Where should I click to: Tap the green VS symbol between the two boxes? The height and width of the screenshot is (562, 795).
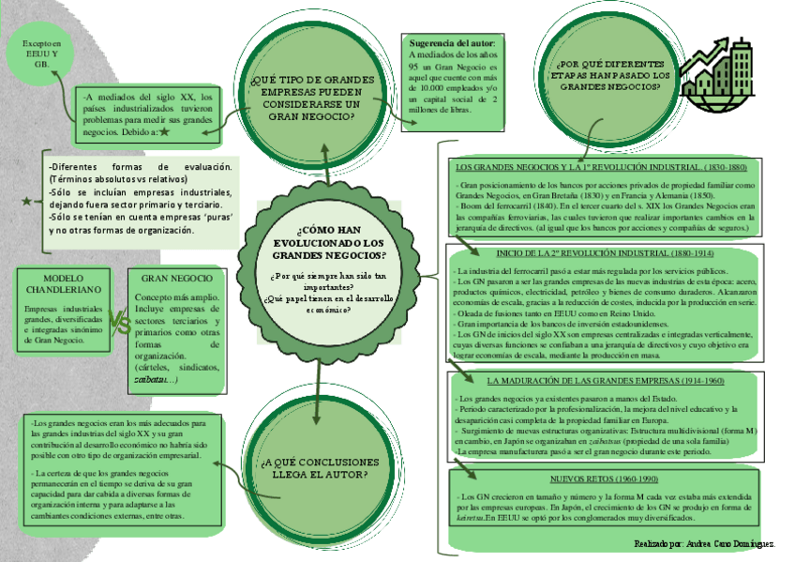pos(119,325)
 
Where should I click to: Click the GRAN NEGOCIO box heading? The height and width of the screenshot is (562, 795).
pos(177,278)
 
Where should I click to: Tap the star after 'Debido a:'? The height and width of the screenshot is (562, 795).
pos(164,132)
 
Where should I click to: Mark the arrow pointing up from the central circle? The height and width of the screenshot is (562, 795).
pos(323,164)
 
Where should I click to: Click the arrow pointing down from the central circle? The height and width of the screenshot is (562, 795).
pos(320,385)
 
